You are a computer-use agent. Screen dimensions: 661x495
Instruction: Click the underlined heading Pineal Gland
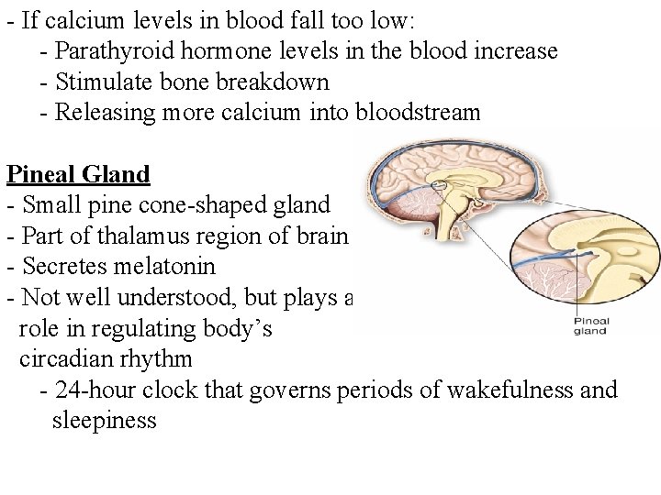click(78, 173)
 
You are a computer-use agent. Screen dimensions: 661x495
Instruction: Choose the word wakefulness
click(508, 390)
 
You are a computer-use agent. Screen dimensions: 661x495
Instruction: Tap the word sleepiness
click(106, 421)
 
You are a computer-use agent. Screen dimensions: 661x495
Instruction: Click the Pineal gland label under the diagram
click(589, 326)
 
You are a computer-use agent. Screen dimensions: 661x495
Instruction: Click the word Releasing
click(100, 113)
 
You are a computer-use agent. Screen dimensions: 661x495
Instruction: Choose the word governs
click(373, 390)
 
